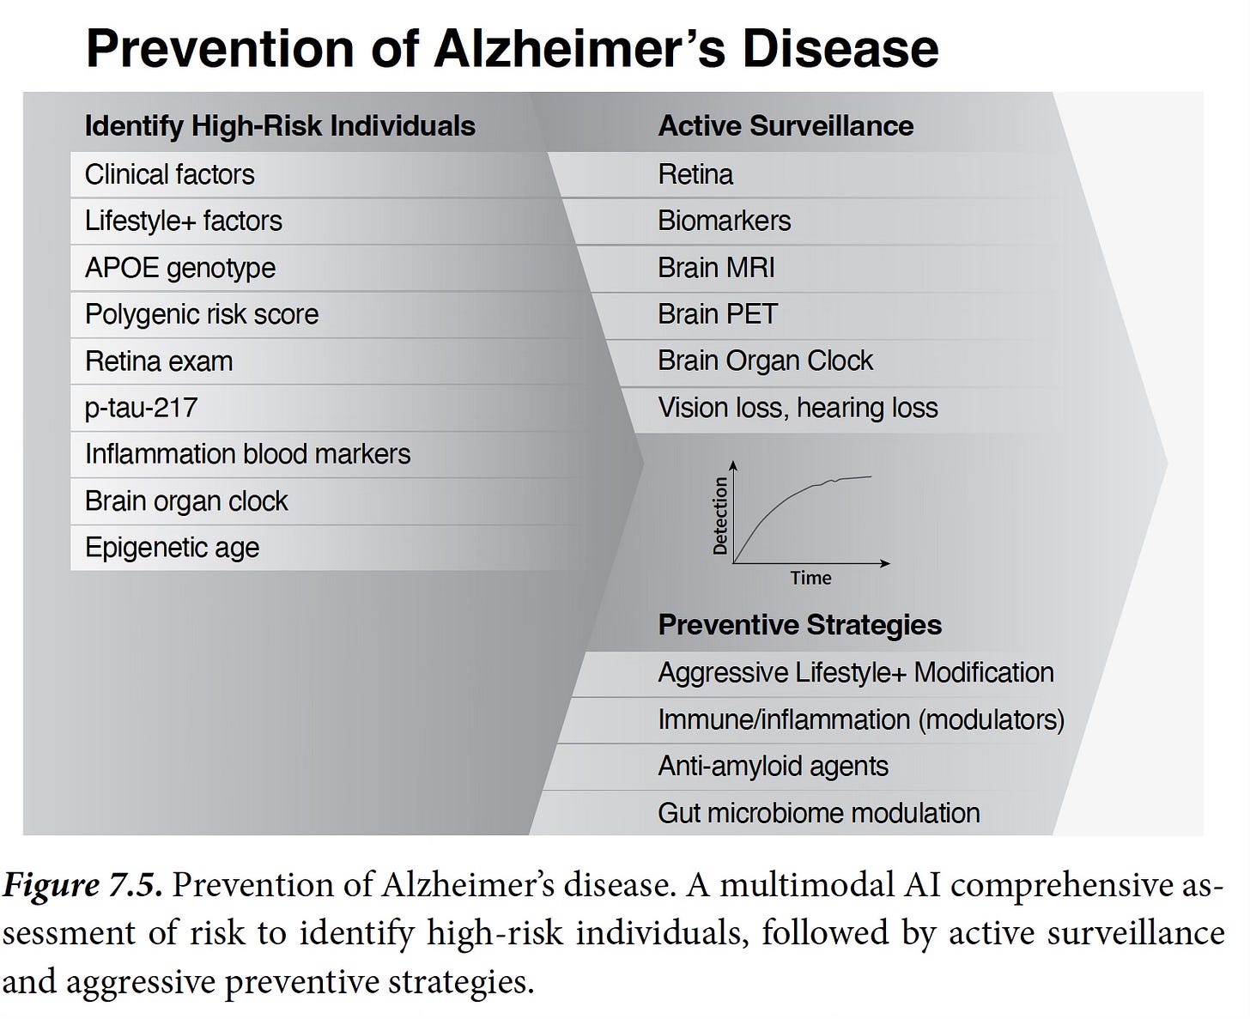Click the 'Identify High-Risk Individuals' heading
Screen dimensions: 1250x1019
[x=279, y=126]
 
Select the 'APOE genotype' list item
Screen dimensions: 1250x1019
[x=179, y=268]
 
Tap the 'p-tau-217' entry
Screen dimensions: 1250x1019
[x=141, y=407]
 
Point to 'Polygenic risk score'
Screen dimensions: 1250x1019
[x=201, y=314]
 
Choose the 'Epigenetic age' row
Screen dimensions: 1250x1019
[x=172, y=548]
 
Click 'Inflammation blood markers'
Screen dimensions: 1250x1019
[x=247, y=453]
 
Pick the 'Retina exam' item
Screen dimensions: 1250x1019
[x=158, y=361]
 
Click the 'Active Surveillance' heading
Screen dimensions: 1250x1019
[x=785, y=126]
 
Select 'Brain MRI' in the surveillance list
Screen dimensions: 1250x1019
[x=716, y=268]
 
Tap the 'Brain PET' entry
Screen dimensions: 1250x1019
[x=717, y=314]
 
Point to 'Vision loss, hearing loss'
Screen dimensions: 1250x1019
[x=798, y=408]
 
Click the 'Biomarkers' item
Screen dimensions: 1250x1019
[x=724, y=221]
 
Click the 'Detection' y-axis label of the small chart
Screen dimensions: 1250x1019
[x=719, y=515]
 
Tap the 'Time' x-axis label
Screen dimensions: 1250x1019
[x=810, y=578]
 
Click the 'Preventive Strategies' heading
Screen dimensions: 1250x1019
[x=799, y=625]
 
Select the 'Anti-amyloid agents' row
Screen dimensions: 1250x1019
[x=773, y=766]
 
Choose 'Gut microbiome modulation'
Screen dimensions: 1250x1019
[x=818, y=813]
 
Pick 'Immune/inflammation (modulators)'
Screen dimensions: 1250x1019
[x=860, y=719]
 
